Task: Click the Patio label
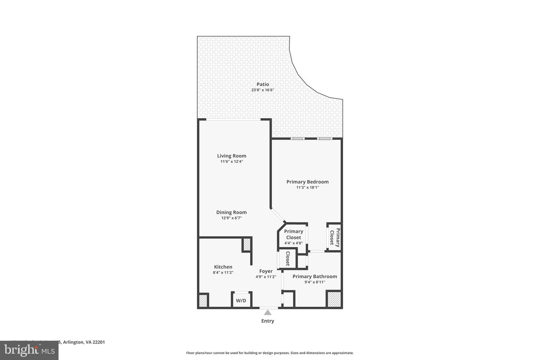pyautogui.click(x=262, y=84)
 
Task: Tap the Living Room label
pyautogui.click(x=231, y=156)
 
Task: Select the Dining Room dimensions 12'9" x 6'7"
pyautogui.click(x=231, y=218)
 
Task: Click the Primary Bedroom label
pyautogui.click(x=307, y=182)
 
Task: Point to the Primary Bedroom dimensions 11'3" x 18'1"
pyautogui.click(x=307, y=187)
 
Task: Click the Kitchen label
pyautogui.click(x=223, y=267)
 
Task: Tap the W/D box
pyautogui.click(x=241, y=300)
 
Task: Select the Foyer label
pyautogui.click(x=266, y=271)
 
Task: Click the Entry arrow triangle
pyautogui.click(x=268, y=312)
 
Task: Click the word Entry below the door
pyautogui.click(x=268, y=321)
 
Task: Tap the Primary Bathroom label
pyautogui.click(x=315, y=276)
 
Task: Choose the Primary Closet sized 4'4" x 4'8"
pyautogui.click(x=293, y=237)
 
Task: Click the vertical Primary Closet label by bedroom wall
pyautogui.click(x=334, y=237)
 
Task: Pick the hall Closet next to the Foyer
pyautogui.click(x=288, y=258)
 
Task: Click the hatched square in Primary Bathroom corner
pyautogui.click(x=333, y=299)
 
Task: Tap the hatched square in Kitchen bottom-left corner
pyautogui.click(x=203, y=300)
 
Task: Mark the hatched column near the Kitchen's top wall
pyautogui.click(x=247, y=244)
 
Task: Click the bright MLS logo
pyautogui.click(x=29, y=350)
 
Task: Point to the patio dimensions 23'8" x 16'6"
pyautogui.click(x=262, y=90)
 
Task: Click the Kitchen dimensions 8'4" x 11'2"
pyautogui.click(x=223, y=273)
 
